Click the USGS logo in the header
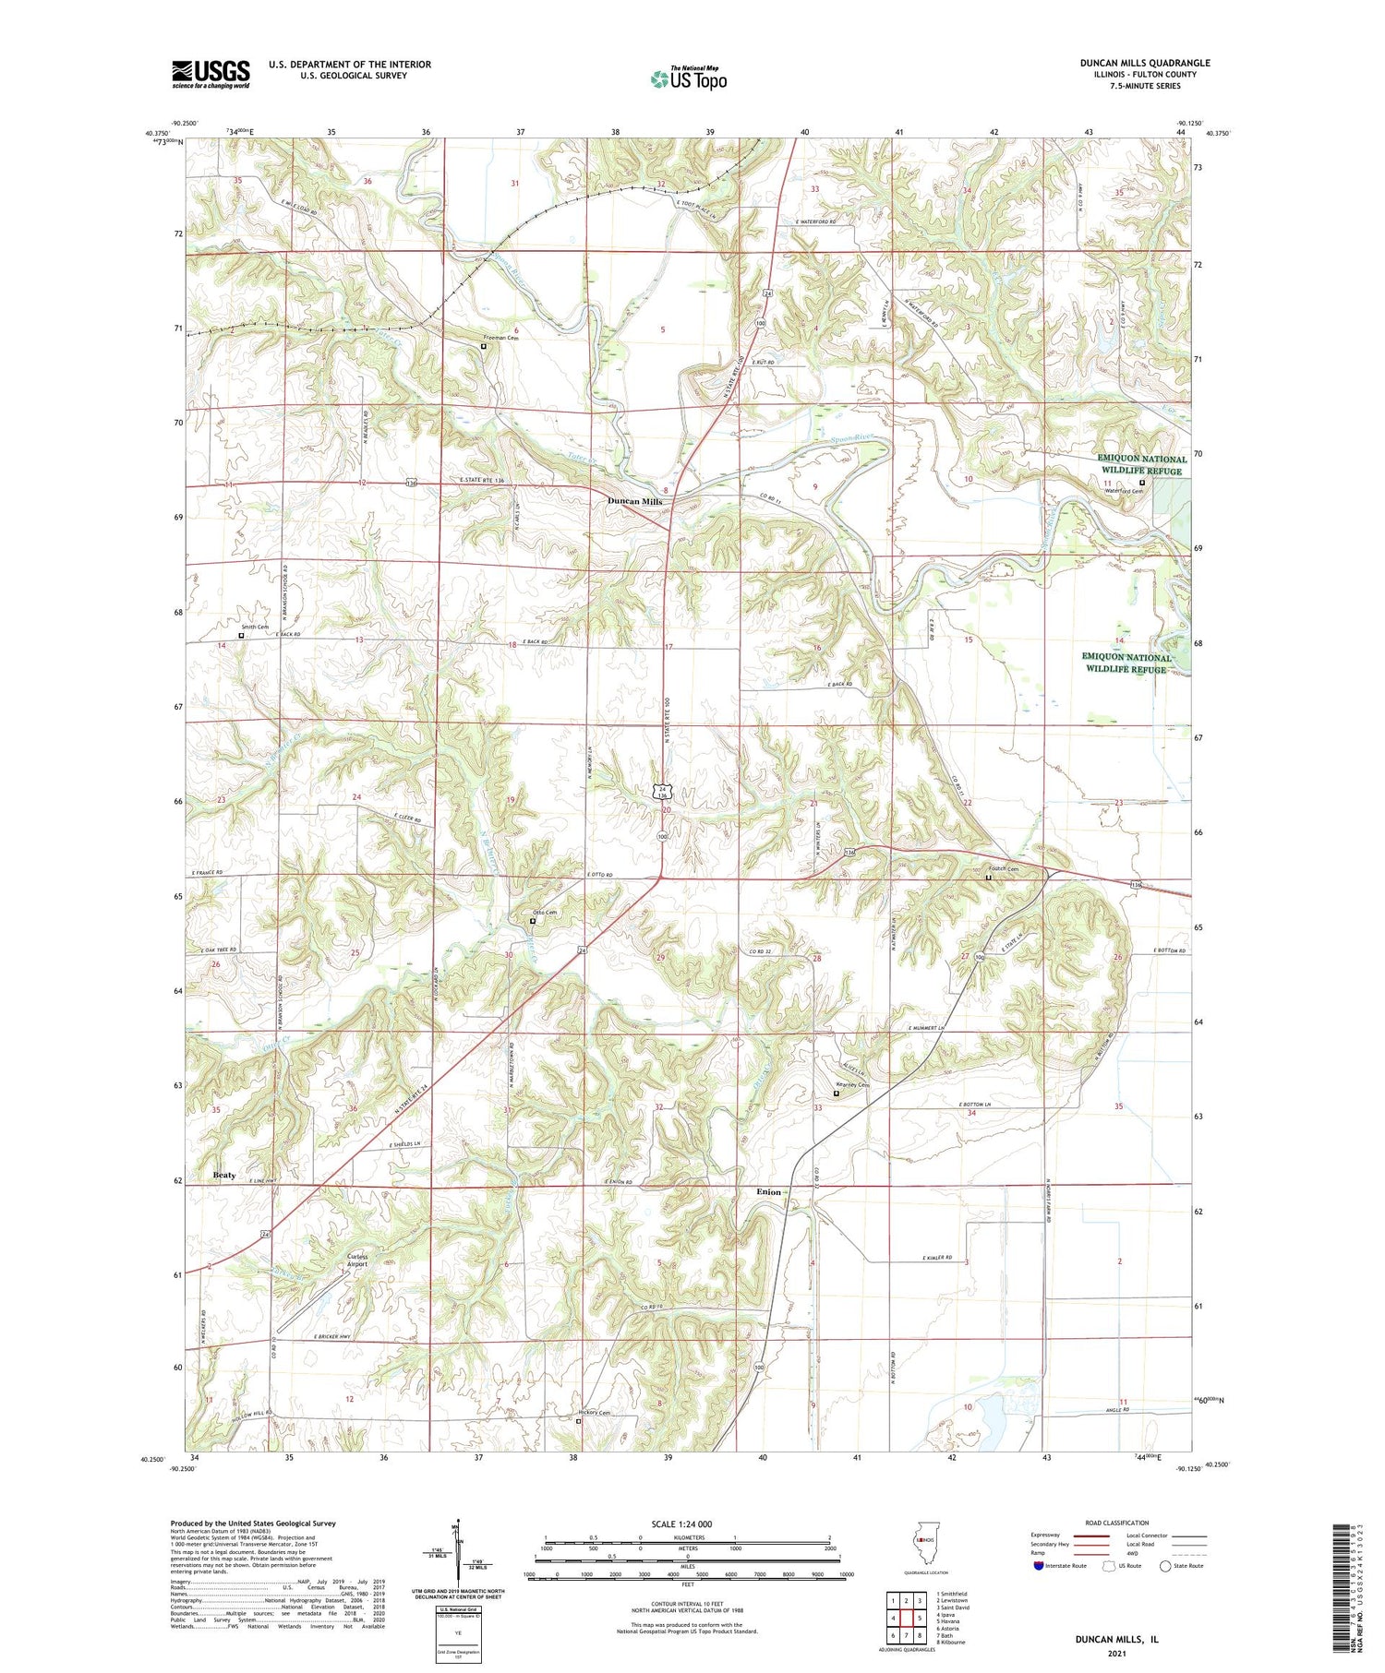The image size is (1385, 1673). (x=211, y=74)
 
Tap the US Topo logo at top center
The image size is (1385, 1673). (x=688, y=79)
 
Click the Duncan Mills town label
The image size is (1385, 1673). (x=634, y=501)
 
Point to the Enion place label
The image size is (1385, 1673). (x=768, y=1191)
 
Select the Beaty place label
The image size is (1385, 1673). (x=224, y=1175)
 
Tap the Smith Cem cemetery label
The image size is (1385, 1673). (x=255, y=627)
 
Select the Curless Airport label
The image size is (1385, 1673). (x=356, y=1260)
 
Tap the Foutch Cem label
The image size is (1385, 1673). (x=1003, y=868)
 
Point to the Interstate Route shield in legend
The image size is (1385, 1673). (x=1039, y=1565)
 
